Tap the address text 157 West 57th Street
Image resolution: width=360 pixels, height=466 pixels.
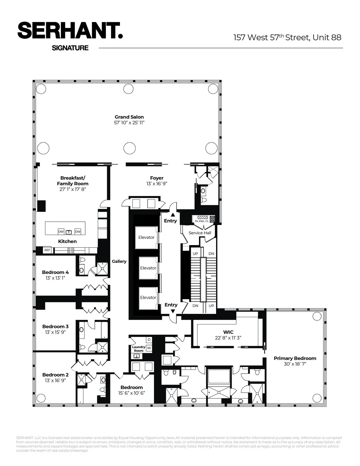pyautogui.click(x=271, y=37)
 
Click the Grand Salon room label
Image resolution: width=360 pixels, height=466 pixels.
pyautogui.click(x=129, y=117)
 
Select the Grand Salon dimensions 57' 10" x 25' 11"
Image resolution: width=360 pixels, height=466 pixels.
pyautogui.click(x=129, y=123)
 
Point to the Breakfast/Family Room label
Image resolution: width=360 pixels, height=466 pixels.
pyautogui.click(x=73, y=181)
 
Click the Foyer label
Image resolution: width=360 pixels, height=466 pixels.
pyautogui.click(x=157, y=178)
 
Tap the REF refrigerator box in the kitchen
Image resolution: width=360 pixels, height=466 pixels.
pyautogui.click(x=47, y=250)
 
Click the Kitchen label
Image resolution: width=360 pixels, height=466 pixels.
pyautogui.click(x=67, y=241)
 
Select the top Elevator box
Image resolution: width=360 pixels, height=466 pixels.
pyautogui.click(x=146, y=237)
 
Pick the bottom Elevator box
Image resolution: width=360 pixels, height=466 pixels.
pyautogui.click(x=148, y=297)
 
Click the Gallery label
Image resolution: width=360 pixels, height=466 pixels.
pyautogui.click(x=119, y=261)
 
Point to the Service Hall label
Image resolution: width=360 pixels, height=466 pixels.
pyautogui.click(x=200, y=233)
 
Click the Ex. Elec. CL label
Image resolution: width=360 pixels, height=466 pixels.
pyautogui.click(x=202, y=221)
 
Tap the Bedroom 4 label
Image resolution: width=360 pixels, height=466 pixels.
pyautogui.click(x=55, y=272)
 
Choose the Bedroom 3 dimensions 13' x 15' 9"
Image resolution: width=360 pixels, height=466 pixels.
pyautogui.click(x=55, y=332)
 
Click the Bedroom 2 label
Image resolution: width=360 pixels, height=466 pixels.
pyautogui.click(x=55, y=375)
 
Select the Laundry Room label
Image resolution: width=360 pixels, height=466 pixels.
pyautogui.click(x=139, y=349)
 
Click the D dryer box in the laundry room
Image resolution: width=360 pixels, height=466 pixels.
pyautogui.click(x=149, y=340)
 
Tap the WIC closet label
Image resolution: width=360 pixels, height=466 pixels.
pyautogui.click(x=228, y=332)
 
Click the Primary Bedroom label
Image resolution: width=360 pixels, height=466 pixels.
pyautogui.click(x=295, y=358)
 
